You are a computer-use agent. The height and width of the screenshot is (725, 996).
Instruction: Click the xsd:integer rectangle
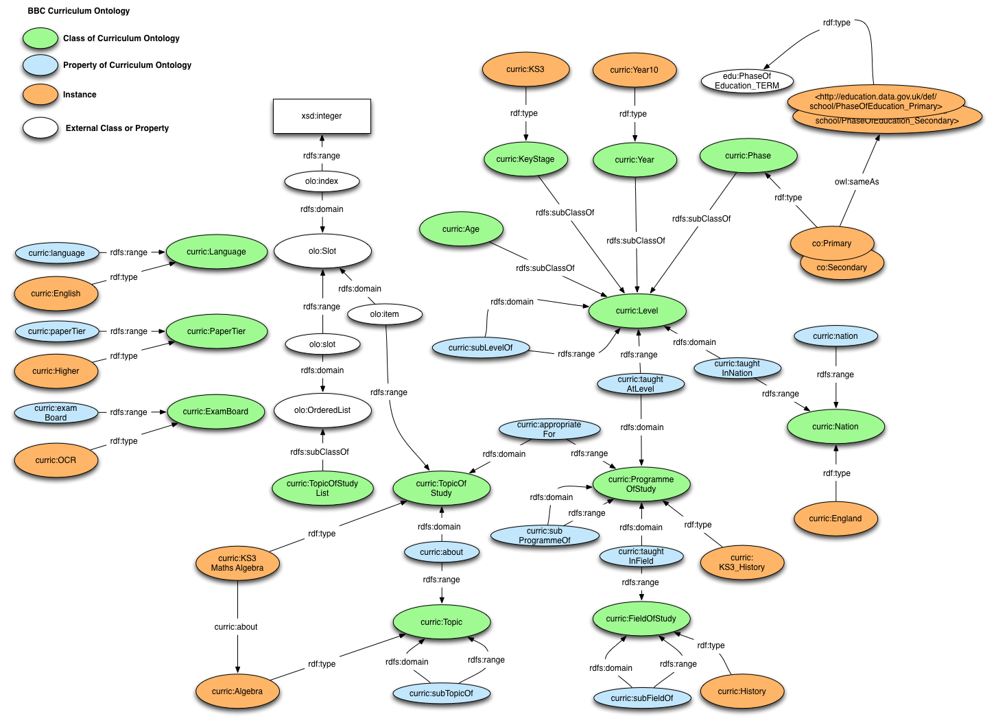pyautogui.click(x=322, y=116)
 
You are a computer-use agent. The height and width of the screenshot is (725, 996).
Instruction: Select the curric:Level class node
pyautogui.click(x=637, y=311)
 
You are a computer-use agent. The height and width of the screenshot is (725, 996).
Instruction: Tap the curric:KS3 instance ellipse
pyautogui.click(x=525, y=69)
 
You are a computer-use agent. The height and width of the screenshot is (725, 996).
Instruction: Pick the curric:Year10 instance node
pyautogui.click(x=635, y=70)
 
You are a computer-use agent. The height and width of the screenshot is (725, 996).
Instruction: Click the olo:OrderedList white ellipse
pyautogui.click(x=322, y=410)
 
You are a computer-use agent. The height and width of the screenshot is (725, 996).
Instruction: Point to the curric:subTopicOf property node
pyautogui.click(x=441, y=693)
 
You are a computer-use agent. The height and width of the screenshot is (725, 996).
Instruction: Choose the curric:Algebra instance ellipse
pyautogui.click(x=237, y=691)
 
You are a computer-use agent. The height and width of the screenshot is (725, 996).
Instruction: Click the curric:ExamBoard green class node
pyautogui.click(x=215, y=412)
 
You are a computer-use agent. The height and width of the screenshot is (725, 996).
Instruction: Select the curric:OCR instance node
pyautogui.click(x=56, y=460)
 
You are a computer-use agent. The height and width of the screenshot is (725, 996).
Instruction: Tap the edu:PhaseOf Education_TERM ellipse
pyautogui.click(x=747, y=81)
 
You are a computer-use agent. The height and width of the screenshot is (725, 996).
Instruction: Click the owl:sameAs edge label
pyautogui.click(x=856, y=182)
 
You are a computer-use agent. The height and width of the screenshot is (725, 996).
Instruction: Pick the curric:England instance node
pyautogui.click(x=835, y=519)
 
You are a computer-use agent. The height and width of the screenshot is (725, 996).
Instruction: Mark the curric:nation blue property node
pyautogui.click(x=835, y=336)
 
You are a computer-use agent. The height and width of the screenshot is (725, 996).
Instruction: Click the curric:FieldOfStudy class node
pyautogui.click(x=641, y=619)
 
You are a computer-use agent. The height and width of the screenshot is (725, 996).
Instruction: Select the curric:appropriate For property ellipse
pyautogui.click(x=549, y=429)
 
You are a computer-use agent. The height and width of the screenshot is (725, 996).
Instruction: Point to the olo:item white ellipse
pyautogui.click(x=384, y=314)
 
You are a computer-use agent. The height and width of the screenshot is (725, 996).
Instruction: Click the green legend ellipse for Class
pyautogui.click(x=40, y=38)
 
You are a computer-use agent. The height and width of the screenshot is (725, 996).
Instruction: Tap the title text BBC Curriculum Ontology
pyautogui.click(x=79, y=11)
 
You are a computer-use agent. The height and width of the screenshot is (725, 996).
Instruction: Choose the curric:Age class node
pyautogui.click(x=461, y=229)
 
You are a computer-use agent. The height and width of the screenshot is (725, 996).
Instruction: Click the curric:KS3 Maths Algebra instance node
pyautogui.click(x=237, y=563)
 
